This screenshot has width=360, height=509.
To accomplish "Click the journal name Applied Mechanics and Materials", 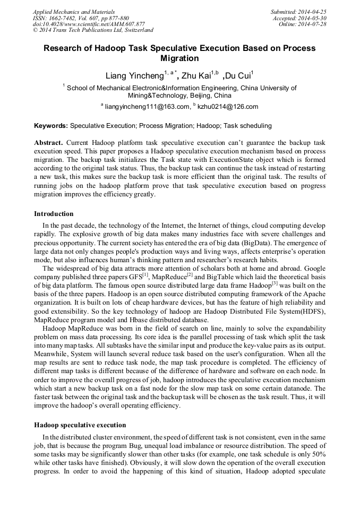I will coord(73,12).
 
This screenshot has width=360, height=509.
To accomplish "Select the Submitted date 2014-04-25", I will coord(298,12).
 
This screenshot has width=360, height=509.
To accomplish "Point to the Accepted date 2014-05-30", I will coord(299,18).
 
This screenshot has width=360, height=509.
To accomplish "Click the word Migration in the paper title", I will coord(179,58).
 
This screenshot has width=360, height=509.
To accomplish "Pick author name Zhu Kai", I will coord(196,76).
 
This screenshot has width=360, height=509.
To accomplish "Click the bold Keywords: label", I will coord(51,126).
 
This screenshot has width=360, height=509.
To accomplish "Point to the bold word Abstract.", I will coord(48,143).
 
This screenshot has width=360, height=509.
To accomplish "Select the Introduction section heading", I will coord(54,214).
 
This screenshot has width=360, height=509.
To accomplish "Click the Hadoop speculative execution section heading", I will coord(80,425).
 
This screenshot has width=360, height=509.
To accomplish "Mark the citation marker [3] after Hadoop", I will coord(275,283).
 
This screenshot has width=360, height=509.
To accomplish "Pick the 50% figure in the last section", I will coord(318,455).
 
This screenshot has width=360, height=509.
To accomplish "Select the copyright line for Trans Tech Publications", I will coord(93,31).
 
